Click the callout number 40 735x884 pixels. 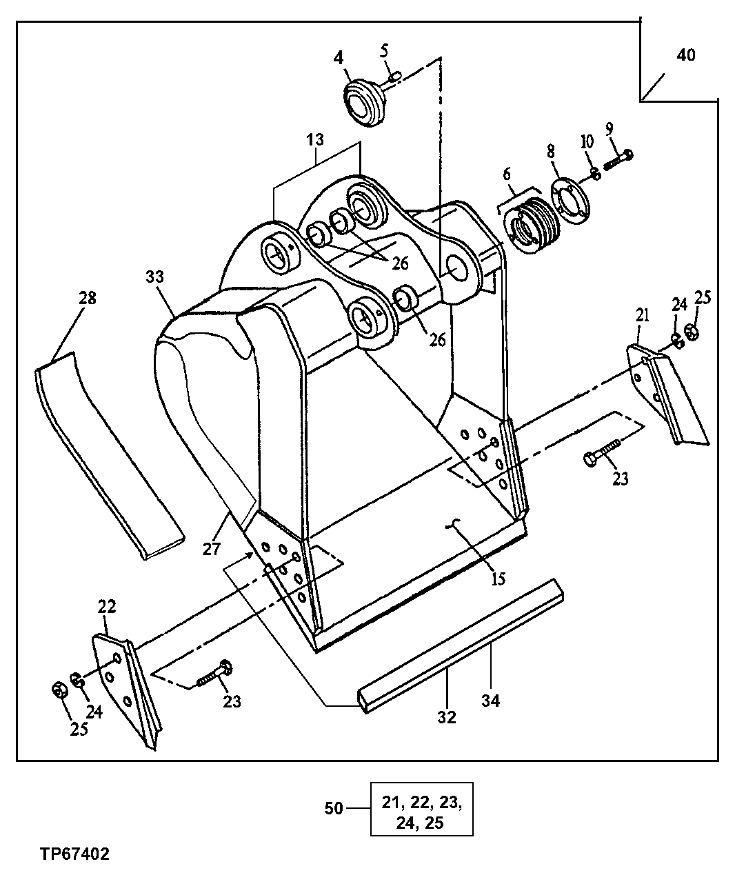(685, 56)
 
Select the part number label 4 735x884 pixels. (339, 57)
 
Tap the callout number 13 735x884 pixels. (314, 139)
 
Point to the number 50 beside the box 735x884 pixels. (334, 807)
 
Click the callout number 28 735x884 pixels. (88, 298)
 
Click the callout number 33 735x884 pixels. (155, 277)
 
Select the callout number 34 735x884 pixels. (491, 701)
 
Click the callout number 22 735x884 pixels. (106, 607)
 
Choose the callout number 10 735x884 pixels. (586, 141)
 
